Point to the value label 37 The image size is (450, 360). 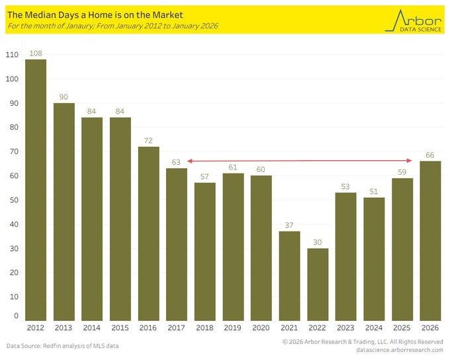(x=289, y=226)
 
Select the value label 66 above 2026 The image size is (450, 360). (x=430, y=156)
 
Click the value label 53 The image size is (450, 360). (x=345, y=187)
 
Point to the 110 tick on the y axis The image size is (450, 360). (x=12, y=55)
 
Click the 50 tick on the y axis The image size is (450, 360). (x=14, y=200)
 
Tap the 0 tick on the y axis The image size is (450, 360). (x=17, y=316)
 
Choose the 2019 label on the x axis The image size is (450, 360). (x=233, y=328)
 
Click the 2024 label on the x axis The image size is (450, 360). (x=374, y=328)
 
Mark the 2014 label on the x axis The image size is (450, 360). (x=92, y=328)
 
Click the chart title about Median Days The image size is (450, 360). (x=95, y=14)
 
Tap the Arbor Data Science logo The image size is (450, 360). (x=414, y=20)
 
